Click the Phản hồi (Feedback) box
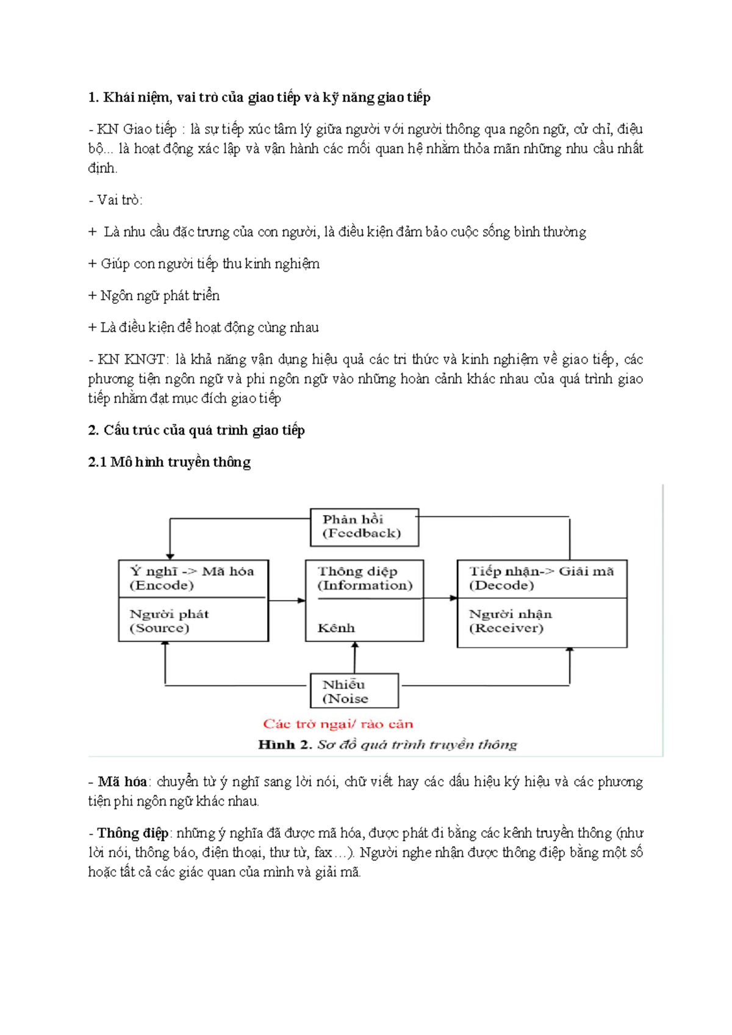point(364,527)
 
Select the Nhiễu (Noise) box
point(354,691)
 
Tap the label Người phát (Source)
point(169,621)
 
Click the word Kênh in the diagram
point(336,628)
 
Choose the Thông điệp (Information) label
point(364,578)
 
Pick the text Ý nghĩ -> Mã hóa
point(192,571)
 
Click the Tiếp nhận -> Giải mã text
point(541,571)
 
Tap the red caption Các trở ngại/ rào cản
point(338,724)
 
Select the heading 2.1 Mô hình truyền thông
point(169,462)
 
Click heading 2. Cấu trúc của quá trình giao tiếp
point(196,430)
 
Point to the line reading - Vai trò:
point(115,200)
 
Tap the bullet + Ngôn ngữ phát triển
point(154,295)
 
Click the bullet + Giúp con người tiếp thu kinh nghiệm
point(204,264)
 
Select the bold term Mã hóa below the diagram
point(123,782)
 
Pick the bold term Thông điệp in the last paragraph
point(133,833)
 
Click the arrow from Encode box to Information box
point(287,600)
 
